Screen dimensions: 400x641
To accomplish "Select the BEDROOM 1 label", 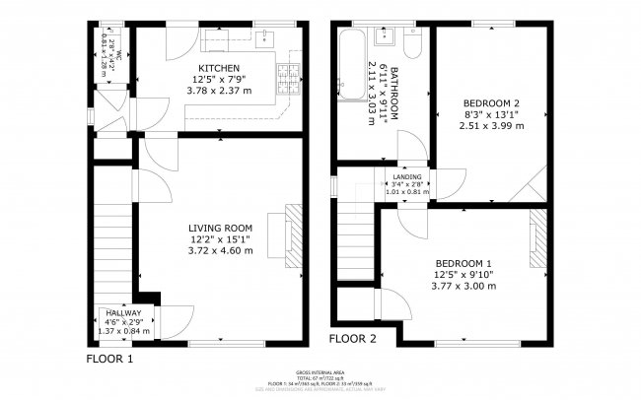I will click(x=463, y=263).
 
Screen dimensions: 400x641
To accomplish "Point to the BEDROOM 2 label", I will click(x=491, y=102).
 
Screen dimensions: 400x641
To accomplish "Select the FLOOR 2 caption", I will click(x=353, y=338).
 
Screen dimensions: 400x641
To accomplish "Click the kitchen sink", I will click(x=262, y=39).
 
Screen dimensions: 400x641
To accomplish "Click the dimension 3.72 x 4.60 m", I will click(x=221, y=251).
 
